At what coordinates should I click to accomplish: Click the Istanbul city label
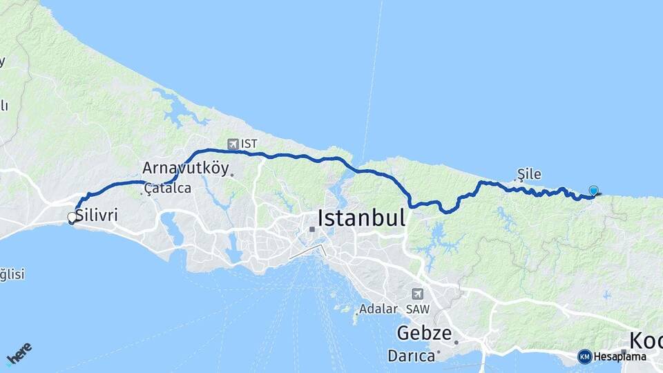point(361,218)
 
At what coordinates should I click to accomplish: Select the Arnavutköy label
point(186,167)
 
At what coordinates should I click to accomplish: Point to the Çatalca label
point(168,188)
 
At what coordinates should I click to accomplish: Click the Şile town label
point(529,174)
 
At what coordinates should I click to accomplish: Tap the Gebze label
point(423,334)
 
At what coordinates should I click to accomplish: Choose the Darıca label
point(411,356)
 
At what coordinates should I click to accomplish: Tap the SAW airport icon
point(417,293)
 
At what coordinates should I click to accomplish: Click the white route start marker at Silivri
point(72,218)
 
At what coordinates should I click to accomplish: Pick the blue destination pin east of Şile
point(593,191)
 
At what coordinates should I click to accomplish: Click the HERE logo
point(19,354)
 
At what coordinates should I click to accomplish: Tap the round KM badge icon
point(584,356)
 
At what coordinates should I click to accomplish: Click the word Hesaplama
point(620,356)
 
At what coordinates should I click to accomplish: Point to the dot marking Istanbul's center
point(312,229)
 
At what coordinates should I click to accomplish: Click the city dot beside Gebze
point(456,342)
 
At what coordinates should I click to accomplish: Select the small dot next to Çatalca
point(142,193)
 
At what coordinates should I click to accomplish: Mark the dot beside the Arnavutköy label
point(232,175)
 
